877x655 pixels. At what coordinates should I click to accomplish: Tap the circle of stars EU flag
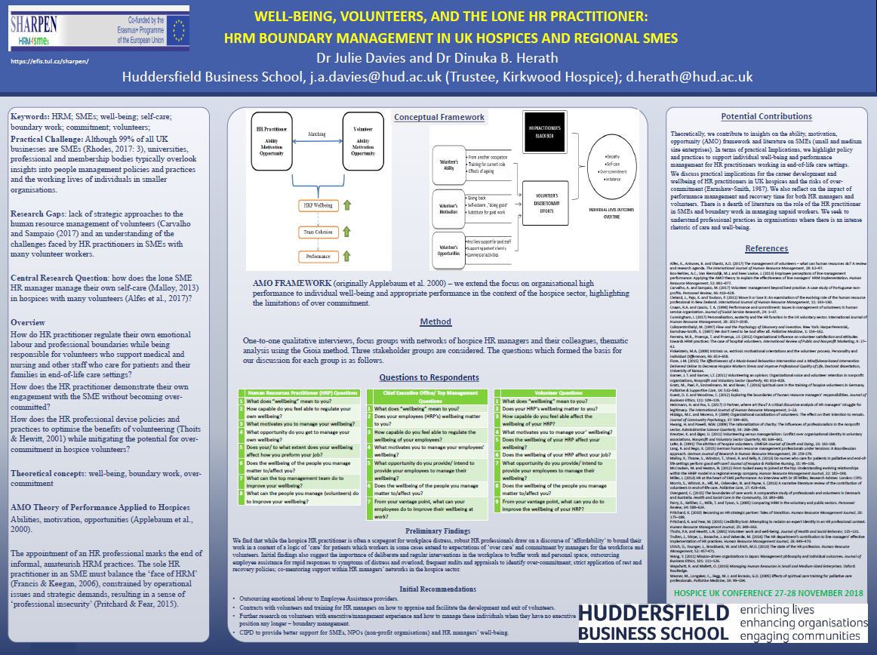pyautogui.click(x=179, y=29)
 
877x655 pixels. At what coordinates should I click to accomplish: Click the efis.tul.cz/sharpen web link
pyautogui.click(x=51, y=60)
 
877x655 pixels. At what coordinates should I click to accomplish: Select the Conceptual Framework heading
pyautogui.click(x=439, y=117)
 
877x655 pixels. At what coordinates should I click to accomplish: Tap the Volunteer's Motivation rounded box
pyautogui.click(x=450, y=203)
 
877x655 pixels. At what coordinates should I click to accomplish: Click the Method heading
pyautogui.click(x=435, y=322)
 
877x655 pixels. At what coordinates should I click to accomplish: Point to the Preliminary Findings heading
pyautogui.click(x=438, y=510)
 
